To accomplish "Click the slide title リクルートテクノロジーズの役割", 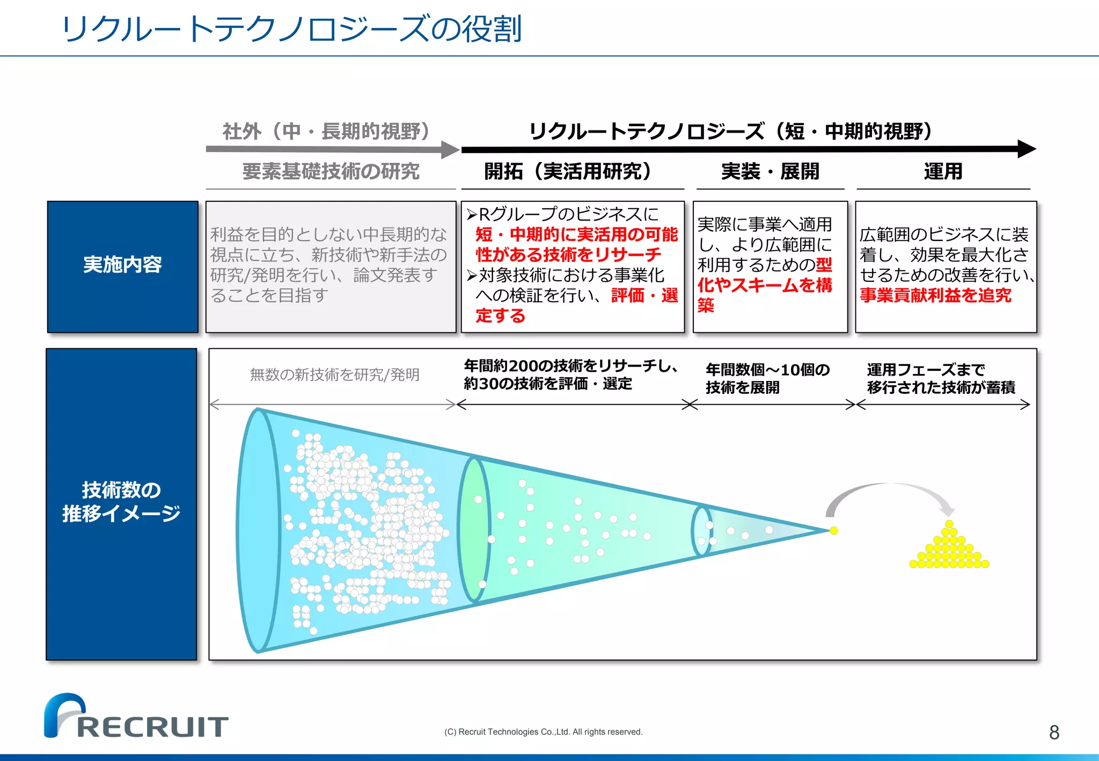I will click(291, 29).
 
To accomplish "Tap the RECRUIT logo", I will click(136, 716).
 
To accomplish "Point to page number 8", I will click(1054, 733).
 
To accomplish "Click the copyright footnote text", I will click(543, 732).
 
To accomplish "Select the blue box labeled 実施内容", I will click(122, 267).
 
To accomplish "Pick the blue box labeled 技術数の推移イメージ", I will click(121, 503).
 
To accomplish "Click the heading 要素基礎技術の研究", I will click(331, 172).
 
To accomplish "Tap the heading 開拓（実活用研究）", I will click(568, 172).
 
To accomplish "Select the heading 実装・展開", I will click(770, 172).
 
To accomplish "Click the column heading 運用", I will click(943, 172).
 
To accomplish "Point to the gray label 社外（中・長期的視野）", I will click(326, 131).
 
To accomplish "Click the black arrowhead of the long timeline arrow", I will click(1026, 149).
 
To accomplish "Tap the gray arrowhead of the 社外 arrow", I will click(450, 150).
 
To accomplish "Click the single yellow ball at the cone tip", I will click(833, 531).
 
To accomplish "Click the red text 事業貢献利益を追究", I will click(935, 296).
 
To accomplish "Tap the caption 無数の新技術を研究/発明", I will click(334, 375).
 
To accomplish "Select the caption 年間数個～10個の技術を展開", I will click(767, 378).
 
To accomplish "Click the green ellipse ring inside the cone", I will click(474, 529).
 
